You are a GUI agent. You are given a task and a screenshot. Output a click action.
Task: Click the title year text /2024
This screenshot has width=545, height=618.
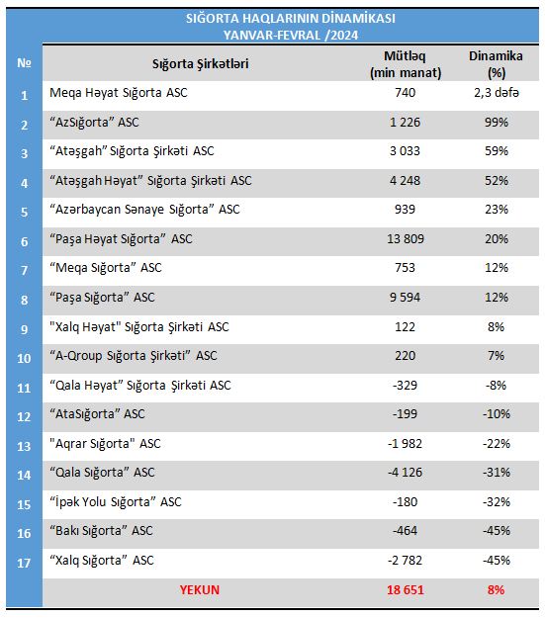tap(341, 35)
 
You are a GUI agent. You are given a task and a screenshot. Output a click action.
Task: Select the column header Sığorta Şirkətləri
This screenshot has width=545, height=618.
tap(201, 64)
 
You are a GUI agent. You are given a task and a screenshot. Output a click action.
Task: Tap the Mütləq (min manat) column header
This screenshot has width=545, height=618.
tap(406, 64)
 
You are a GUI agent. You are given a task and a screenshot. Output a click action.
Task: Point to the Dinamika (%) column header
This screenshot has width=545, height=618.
tap(496, 64)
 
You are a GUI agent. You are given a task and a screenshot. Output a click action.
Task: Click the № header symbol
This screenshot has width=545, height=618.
tap(24, 62)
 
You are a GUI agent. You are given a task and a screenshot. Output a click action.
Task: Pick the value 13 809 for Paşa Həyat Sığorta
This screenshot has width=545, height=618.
tap(406, 239)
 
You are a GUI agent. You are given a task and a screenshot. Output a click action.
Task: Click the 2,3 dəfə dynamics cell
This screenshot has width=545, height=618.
tap(497, 93)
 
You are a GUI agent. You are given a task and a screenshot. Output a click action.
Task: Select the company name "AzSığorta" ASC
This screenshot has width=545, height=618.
tap(94, 123)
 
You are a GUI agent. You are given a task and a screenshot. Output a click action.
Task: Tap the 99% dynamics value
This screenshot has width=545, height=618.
tap(497, 123)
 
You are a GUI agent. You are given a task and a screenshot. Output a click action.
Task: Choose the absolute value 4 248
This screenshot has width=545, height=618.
tap(405, 181)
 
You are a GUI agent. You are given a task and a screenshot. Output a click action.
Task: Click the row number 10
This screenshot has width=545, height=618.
tap(24, 358)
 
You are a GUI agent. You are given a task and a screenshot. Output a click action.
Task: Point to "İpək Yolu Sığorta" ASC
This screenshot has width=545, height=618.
tap(116, 501)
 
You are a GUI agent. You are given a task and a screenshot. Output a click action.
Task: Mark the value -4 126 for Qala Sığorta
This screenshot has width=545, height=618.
tap(405, 473)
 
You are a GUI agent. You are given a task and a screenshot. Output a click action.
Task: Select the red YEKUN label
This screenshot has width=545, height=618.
tap(200, 590)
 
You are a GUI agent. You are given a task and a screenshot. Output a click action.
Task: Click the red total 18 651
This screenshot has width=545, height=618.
tap(406, 590)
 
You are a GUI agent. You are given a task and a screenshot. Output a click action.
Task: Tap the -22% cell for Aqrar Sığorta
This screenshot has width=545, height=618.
tap(497, 444)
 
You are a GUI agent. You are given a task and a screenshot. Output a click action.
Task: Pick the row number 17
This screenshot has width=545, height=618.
tap(24, 563)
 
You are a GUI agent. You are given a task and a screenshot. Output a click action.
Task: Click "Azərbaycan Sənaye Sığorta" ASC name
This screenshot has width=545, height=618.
tap(144, 210)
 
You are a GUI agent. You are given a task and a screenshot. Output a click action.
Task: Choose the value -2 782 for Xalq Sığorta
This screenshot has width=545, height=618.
tap(405, 560)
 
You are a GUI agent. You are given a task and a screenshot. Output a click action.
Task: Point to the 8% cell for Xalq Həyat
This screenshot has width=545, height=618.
tap(497, 326)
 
